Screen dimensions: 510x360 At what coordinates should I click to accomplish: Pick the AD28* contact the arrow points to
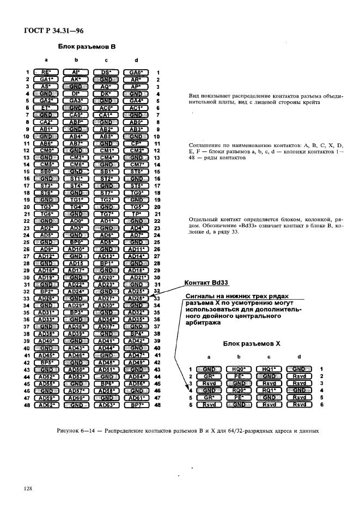pos(136,298)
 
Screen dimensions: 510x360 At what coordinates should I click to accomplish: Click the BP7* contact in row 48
pos(136,405)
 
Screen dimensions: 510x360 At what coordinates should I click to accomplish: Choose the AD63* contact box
pos(106,405)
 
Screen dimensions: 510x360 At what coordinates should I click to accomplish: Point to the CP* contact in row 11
pos(136,143)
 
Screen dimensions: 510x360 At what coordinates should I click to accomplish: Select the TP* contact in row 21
pos(136,215)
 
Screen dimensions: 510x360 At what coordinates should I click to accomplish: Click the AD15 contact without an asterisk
pos(75,263)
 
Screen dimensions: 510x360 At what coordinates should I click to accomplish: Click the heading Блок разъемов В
pos(87,47)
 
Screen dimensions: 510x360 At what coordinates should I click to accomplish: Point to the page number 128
pos(29,489)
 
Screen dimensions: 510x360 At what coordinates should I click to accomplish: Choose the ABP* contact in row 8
pos(75,122)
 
